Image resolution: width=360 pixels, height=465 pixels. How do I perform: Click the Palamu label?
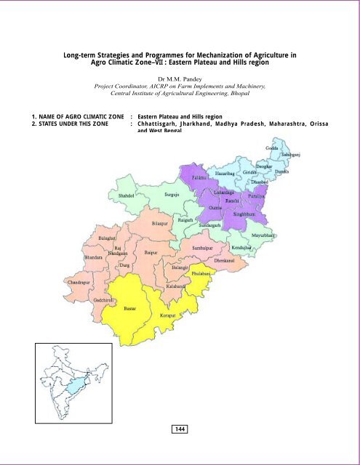(x=201, y=177)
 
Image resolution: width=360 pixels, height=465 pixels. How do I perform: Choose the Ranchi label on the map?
(x=232, y=199)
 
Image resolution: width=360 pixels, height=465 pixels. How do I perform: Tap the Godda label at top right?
(x=272, y=147)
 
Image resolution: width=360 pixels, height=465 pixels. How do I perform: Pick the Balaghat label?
(x=109, y=238)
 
